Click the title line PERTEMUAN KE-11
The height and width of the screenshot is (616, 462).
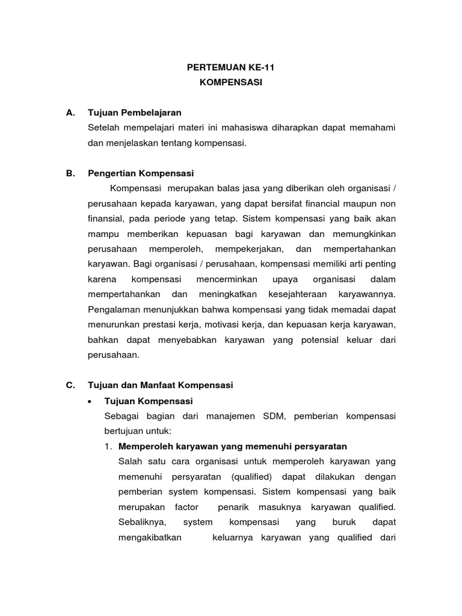coord(231,68)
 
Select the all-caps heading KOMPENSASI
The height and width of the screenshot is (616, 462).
coord(231,83)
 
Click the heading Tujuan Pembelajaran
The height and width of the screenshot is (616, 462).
coord(134,112)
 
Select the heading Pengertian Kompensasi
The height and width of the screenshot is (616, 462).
coord(141,173)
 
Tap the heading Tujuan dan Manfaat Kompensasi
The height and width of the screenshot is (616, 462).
coord(160,385)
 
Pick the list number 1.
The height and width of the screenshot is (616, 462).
coord(108,446)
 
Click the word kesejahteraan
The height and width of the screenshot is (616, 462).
coord(309,294)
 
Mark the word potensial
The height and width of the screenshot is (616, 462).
coord(313,340)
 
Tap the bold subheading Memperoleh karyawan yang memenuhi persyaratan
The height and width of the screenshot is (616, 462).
coord(233,446)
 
